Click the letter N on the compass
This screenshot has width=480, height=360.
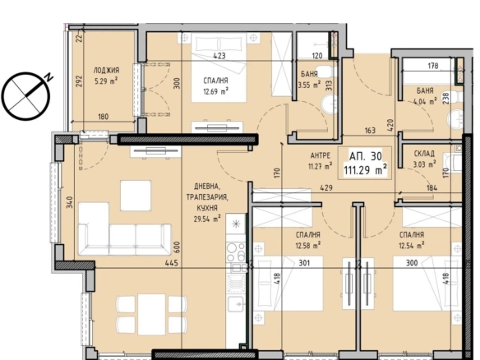[x=48, y=77]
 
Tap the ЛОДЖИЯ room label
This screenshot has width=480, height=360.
[x=106, y=71]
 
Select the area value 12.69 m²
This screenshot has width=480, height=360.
[x=216, y=91]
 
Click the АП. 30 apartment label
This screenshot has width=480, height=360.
[x=366, y=156]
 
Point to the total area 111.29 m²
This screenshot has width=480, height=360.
[x=366, y=170]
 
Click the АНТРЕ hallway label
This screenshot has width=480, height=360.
[x=321, y=156]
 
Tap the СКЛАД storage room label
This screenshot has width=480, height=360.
[x=424, y=154]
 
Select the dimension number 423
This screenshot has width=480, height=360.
[x=219, y=56]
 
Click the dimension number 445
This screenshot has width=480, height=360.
[x=172, y=263]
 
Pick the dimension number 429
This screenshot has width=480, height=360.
[x=326, y=187]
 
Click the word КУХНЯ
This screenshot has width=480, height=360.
[x=207, y=208]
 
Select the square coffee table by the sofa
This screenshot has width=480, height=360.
[x=136, y=196]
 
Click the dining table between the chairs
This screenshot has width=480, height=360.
[x=151, y=315]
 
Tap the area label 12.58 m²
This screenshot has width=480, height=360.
[x=308, y=245]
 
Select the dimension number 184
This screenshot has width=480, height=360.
[x=432, y=188]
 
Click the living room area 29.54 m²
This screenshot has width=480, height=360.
[x=207, y=219]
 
